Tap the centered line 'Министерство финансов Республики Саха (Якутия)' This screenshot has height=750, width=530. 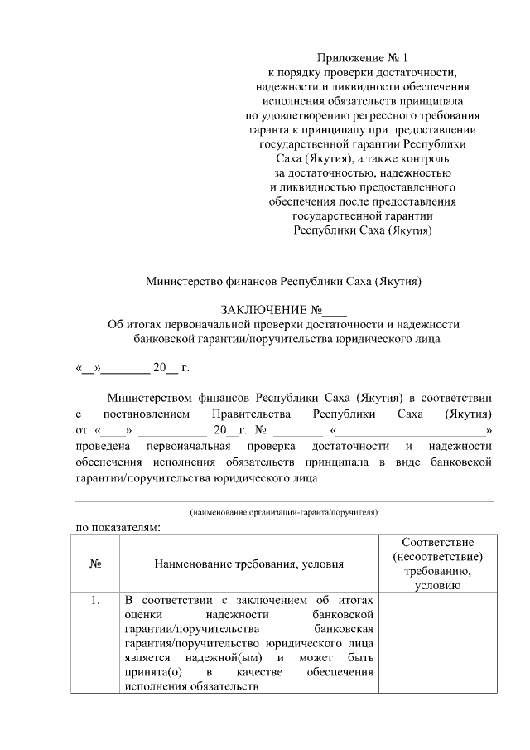tap(284, 281)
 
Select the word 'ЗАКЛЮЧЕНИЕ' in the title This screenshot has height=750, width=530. tap(263, 311)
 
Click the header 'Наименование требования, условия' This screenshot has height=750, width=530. tap(248, 564)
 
